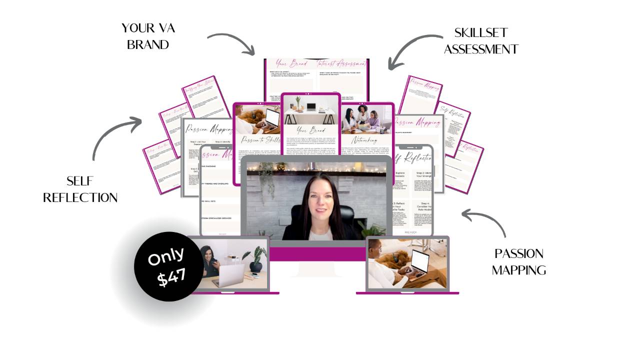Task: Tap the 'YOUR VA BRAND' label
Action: coord(148,36)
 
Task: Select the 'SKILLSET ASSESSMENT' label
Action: coord(481,41)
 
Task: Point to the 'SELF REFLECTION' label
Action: coord(80,189)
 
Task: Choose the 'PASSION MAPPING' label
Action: coord(518,261)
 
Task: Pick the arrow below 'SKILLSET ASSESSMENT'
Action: coord(413,50)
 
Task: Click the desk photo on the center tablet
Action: coord(311,110)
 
